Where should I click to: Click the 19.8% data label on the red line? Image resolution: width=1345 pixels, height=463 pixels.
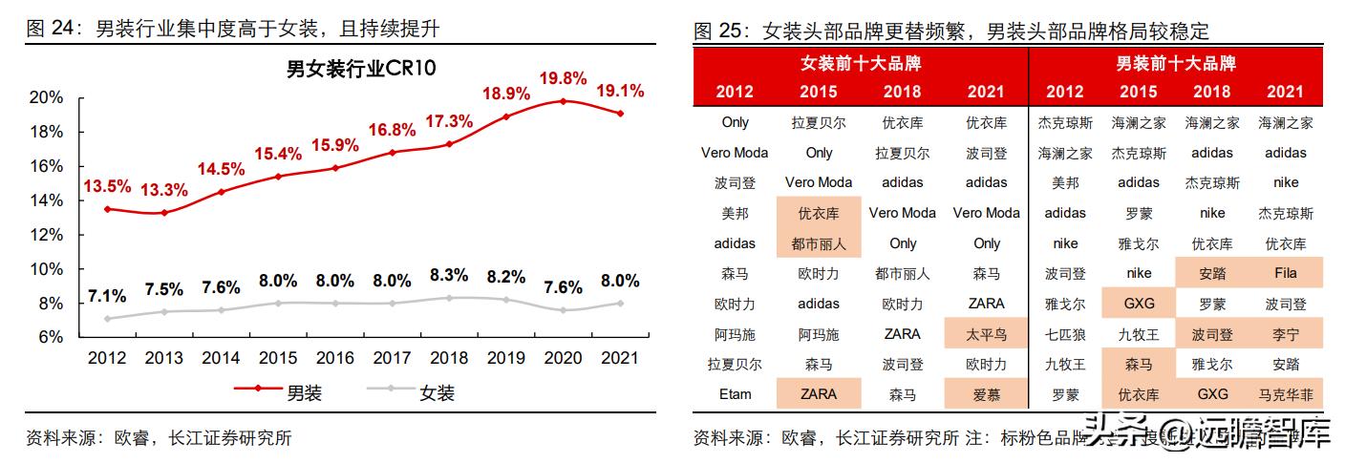click(563, 78)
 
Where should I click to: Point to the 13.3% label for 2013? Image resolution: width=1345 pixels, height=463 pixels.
click(165, 190)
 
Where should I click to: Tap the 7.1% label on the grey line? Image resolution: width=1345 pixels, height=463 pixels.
click(108, 295)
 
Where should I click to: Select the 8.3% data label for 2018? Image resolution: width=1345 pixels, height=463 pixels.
click(449, 275)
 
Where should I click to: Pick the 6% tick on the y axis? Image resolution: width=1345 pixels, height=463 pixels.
click(51, 337)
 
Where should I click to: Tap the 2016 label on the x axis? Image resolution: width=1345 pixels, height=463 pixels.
click(335, 359)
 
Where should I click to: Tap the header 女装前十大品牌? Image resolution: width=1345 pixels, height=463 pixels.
click(861, 64)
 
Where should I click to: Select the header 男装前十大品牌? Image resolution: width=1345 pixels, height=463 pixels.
click(1176, 64)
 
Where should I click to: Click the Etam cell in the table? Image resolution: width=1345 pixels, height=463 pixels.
click(735, 394)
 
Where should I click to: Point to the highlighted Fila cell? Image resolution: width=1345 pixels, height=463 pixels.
click(1285, 273)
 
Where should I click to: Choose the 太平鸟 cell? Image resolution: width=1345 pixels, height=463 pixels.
click(986, 334)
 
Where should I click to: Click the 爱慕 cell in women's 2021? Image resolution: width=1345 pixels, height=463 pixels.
click(986, 394)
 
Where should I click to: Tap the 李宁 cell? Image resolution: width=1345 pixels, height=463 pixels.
click(1285, 334)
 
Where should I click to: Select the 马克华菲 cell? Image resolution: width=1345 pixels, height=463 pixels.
click(1285, 394)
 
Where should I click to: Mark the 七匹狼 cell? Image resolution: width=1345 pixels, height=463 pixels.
click(1064, 334)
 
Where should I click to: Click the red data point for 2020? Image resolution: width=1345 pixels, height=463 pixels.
click(563, 101)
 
